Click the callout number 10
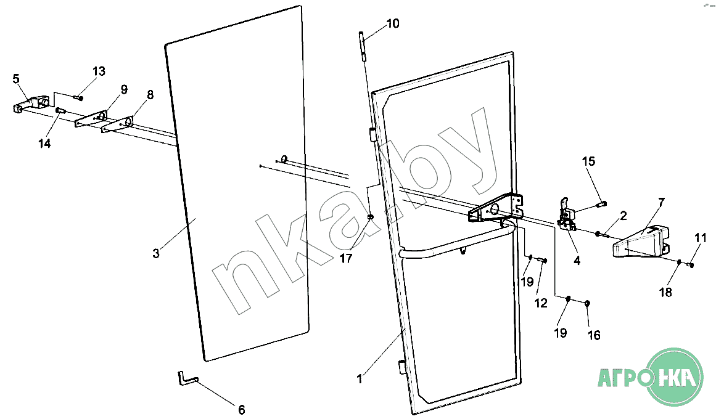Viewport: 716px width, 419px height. (393, 23)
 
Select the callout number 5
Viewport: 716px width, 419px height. (16, 79)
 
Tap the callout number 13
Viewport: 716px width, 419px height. (99, 71)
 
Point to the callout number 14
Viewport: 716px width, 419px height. (44, 144)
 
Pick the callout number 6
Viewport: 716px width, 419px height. (242, 409)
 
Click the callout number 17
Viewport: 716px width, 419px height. (346, 258)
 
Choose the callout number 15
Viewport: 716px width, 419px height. (588, 161)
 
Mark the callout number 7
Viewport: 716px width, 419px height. (661, 201)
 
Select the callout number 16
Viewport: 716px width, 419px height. (594, 335)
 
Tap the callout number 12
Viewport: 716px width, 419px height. (541, 303)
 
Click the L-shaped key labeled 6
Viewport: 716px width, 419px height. (187, 378)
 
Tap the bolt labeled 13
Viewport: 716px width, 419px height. (78, 97)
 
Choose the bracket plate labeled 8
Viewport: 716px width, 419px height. (118, 124)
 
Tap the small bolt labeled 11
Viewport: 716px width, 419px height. (691, 265)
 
